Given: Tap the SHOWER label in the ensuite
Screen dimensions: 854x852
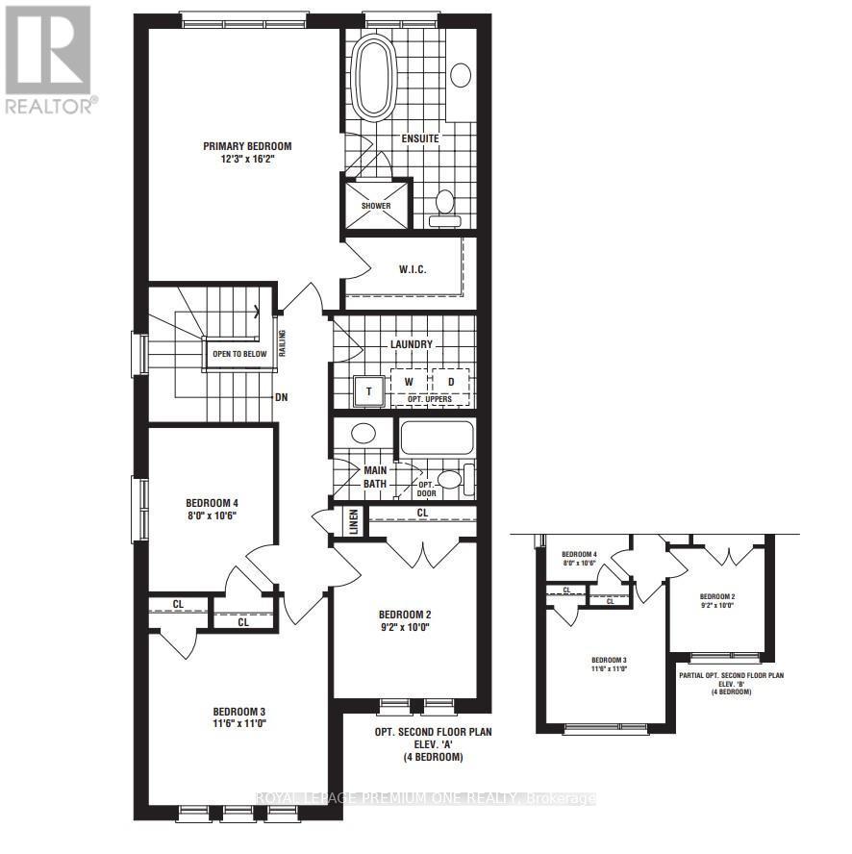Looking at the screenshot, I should (376, 205).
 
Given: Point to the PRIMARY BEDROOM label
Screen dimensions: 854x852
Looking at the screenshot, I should (246, 146).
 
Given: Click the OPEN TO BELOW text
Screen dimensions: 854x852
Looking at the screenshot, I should (239, 353).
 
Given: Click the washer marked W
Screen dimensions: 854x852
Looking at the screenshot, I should (408, 382).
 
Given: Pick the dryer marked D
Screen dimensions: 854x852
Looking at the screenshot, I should (450, 382).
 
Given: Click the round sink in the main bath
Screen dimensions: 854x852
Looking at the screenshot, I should (363, 433).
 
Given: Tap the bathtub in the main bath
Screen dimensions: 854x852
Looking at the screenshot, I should (436, 438).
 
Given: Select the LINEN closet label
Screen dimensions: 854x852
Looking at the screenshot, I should (354, 523).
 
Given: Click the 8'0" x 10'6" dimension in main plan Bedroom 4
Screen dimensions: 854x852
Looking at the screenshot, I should (212, 515).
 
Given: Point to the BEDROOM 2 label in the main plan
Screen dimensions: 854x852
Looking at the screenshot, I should (404, 615).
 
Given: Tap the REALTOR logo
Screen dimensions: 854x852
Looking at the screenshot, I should (50, 58).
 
